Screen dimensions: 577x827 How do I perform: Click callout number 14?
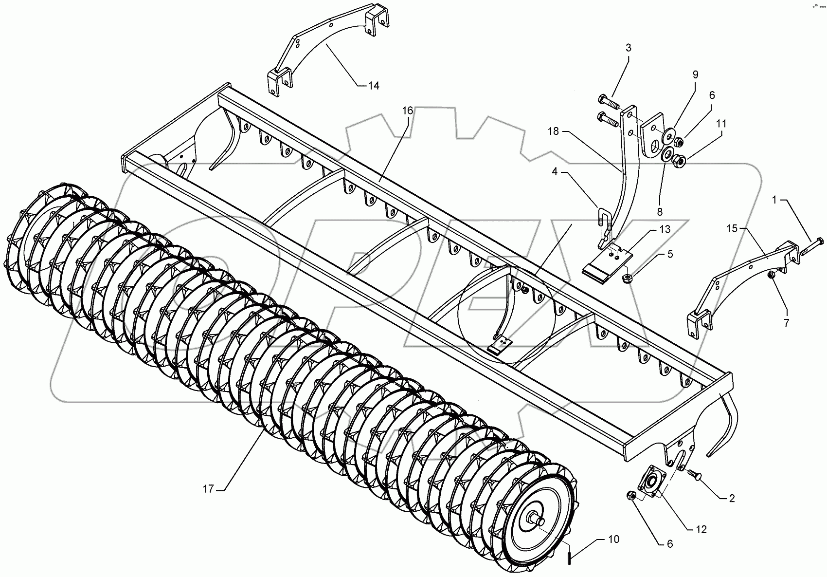[373, 86]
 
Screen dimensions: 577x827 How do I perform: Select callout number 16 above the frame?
[407, 111]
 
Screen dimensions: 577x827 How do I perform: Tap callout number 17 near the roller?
[208, 489]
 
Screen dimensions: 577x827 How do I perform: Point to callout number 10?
[614, 539]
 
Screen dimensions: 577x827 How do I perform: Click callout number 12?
[701, 529]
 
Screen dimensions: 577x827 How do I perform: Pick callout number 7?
[786, 322]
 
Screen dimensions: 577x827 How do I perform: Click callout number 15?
[733, 227]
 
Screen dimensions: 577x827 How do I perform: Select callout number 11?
[721, 124]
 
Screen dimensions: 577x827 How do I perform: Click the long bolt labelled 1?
[807, 248]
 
